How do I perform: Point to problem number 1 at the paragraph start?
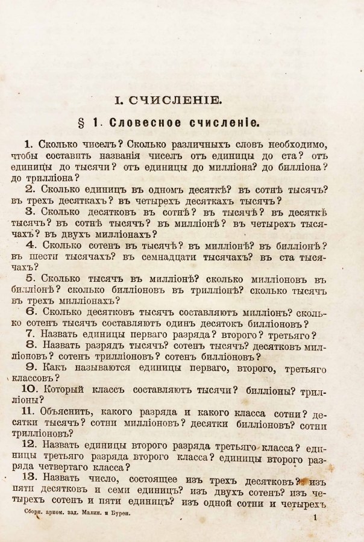(x=28, y=144)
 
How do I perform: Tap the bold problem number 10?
(x=30, y=390)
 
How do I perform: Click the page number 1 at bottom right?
(x=315, y=517)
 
